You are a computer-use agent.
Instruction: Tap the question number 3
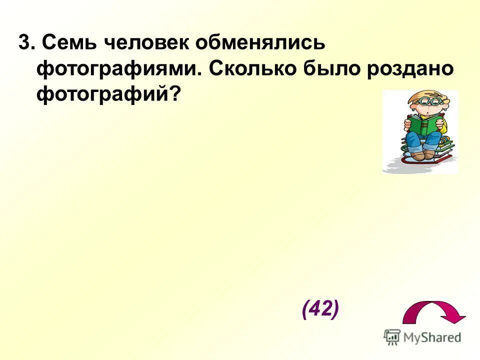pyautogui.click(x=23, y=44)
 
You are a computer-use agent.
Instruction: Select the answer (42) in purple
pyautogui.click(x=320, y=309)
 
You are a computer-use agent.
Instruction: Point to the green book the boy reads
pyautogui.click(x=424, y=124)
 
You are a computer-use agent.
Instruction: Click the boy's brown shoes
pyautogui.click(x=422, y=153)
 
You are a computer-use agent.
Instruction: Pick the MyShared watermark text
pyautogui.click(x=432, y=337)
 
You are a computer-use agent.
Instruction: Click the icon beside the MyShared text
pyautogui.click(x=392, y=337)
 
